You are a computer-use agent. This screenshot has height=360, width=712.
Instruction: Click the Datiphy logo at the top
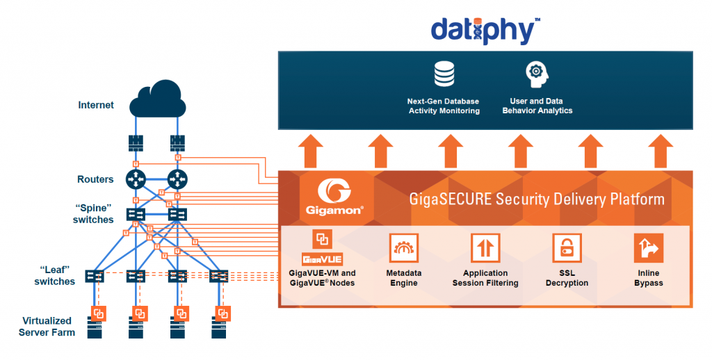[x=485, y=30]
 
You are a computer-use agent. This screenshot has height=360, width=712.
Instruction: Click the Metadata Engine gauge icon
[x=403, y=248]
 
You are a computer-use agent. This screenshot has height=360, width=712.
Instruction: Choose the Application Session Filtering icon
[x=485, y=248]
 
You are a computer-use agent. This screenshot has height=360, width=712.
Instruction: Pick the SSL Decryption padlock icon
[x=567, y=248]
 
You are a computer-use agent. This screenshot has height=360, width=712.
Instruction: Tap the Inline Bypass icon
[x=648, y=248]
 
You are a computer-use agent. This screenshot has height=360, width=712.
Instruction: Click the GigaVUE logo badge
[x=323, y=259]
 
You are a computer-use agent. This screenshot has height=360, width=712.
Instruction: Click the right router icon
[x=178, y=179]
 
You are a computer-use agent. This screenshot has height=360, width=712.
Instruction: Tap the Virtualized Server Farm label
[x=47, y=327]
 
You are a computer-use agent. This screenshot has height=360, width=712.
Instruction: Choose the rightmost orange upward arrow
[x=661, y=151]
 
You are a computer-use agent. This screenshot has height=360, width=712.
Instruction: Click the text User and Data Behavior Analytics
[x=537, y=106]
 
